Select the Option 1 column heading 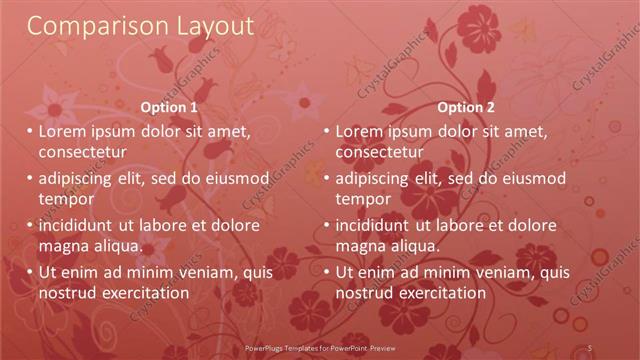(170, 107)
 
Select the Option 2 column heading (466, 107)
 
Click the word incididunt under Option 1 (83, 225)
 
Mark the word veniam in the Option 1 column (204, 272)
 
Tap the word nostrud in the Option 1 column (67, 293)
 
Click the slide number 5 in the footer (590, 347)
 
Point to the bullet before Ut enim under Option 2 (327, 272)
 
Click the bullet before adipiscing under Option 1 (30, 178)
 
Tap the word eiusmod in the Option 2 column (532, 178)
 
